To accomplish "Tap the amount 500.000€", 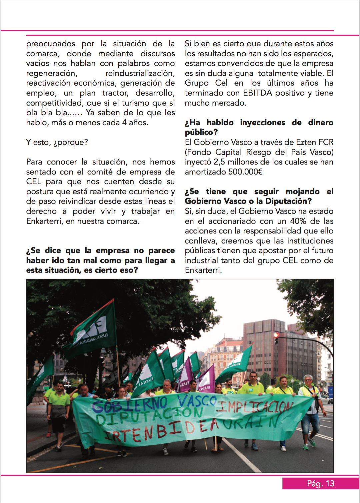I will click(245, 172).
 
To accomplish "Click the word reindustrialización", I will click(140, 73).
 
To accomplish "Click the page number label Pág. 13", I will click(320, 484).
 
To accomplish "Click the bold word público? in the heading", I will click(201, 132).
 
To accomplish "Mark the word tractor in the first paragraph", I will click(115, 93).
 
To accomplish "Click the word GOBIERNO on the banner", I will click(130, 404).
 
